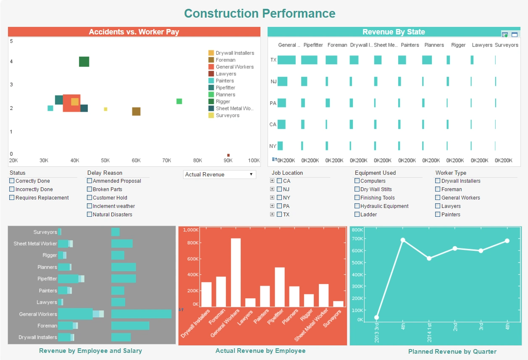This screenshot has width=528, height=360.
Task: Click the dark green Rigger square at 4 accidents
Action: (84, 62)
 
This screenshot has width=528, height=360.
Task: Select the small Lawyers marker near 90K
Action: (229, 155)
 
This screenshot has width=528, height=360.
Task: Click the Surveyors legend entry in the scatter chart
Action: (227, 116)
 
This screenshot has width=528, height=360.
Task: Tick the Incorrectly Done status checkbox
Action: (12, 189)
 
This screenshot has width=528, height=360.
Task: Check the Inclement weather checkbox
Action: (89, 206)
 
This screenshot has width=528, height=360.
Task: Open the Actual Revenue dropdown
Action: (219, 174)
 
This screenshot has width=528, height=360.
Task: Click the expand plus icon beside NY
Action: (272, 198)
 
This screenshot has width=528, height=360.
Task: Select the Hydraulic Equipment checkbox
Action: (357, 206)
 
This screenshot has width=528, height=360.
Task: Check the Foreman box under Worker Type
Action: (438, 189)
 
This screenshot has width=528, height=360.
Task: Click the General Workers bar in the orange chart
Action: (236, 272)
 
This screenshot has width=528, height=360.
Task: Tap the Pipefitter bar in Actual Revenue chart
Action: (280, 287)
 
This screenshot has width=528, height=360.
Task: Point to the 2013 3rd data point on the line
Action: (377, 318)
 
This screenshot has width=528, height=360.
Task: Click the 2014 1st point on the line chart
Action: (429, 258)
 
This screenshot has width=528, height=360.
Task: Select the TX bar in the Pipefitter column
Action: (309, 60)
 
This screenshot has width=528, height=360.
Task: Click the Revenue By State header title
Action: (394, 32)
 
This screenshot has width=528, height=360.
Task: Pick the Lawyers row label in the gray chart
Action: (46, 302)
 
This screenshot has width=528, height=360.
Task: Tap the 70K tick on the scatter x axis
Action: (167, 160)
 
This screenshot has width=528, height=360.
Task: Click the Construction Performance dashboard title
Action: (260, 13)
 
